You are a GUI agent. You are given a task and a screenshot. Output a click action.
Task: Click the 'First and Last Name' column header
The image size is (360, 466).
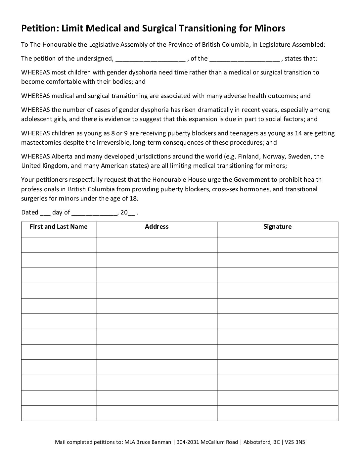click(x=59, y=227)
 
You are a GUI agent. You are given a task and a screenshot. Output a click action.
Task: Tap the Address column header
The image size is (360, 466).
click(x=157, y=227)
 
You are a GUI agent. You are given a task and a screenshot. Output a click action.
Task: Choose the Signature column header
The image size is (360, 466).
click(x=277, y=227)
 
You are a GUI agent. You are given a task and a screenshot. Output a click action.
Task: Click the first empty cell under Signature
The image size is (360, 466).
click(x=277, y=245)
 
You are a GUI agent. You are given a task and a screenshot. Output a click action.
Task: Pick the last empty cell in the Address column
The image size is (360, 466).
click(x=157, y=413)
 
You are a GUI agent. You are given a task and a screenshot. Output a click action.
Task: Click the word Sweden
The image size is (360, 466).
click(x=301, y=156)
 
